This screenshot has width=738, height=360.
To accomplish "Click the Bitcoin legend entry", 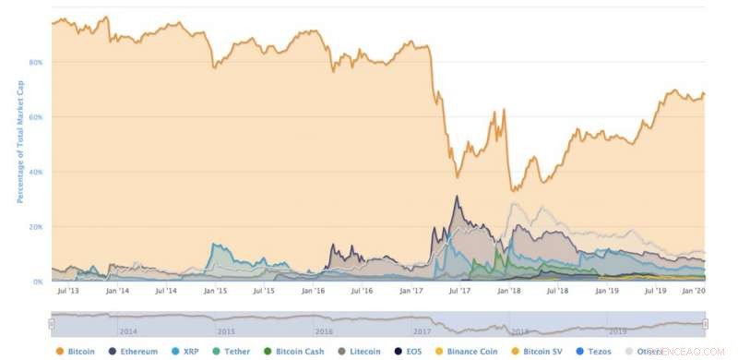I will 82,352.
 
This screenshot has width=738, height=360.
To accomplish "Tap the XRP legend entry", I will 187,352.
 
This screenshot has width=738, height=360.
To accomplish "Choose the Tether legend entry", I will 233,352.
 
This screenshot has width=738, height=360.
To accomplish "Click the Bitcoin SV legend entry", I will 540,352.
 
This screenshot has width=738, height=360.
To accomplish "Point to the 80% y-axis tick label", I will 36,63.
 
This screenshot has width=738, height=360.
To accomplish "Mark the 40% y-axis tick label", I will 36,173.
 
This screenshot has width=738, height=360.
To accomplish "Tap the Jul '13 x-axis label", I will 67,291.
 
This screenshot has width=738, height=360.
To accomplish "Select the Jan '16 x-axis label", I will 313,291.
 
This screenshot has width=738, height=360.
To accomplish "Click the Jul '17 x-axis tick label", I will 459,291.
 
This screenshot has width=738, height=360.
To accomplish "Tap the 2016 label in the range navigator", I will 323,330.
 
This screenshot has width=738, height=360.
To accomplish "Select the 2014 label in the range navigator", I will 128,330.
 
